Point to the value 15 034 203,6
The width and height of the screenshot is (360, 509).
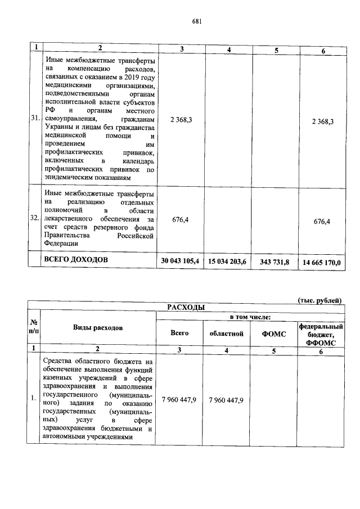(228, 262)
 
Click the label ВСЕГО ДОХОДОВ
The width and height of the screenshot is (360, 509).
(75, 260)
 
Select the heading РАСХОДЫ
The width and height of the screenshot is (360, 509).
(185, 307)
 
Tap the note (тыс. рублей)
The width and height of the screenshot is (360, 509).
(320, 300)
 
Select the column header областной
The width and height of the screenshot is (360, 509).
(227, 334)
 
